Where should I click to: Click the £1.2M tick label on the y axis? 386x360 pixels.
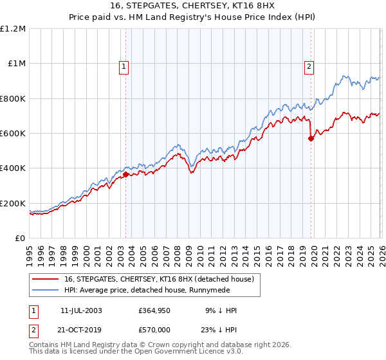click(x=14, y=29)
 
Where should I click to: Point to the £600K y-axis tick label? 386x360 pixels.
click(x=13, y=134)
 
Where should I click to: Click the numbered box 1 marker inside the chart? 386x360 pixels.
click(x=123, y=65)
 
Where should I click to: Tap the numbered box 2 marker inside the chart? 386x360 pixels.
click(x=309, y=65)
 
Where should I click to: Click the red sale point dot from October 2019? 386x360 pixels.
click(x=311, y=138)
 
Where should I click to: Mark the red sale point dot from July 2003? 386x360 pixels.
click(x=125, y=174)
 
